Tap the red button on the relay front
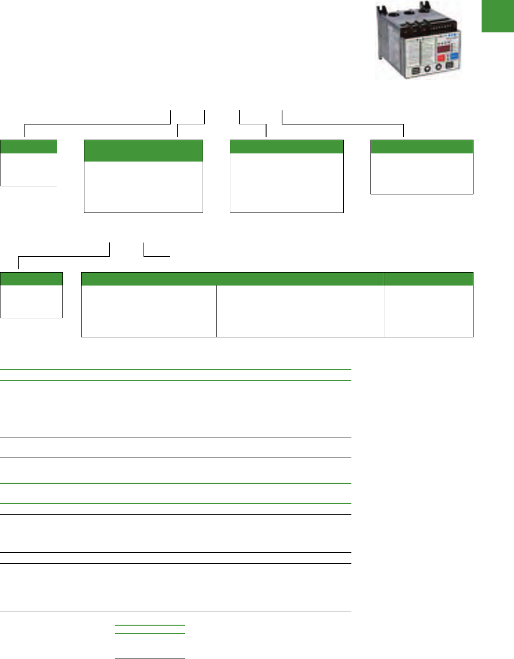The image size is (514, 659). tap(441, 59)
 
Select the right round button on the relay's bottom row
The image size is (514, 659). tap(438, 68)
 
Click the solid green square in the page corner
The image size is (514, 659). tap(498, 16)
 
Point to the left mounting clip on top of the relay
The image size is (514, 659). tap(381, 10)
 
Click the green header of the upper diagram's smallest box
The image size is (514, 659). tap(29, 146)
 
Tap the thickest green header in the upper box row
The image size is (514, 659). tap(143, 151)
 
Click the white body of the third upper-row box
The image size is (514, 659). tap(287, 182)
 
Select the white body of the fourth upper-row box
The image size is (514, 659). tap(421, 173)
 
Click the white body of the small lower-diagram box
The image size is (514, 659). tap(31, 301)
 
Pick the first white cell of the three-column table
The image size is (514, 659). tap(149, 311)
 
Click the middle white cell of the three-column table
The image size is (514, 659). tap(300, 311)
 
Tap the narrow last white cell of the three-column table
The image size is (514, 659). tap(428, 311)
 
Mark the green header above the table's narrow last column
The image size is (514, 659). tap(428, 279)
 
